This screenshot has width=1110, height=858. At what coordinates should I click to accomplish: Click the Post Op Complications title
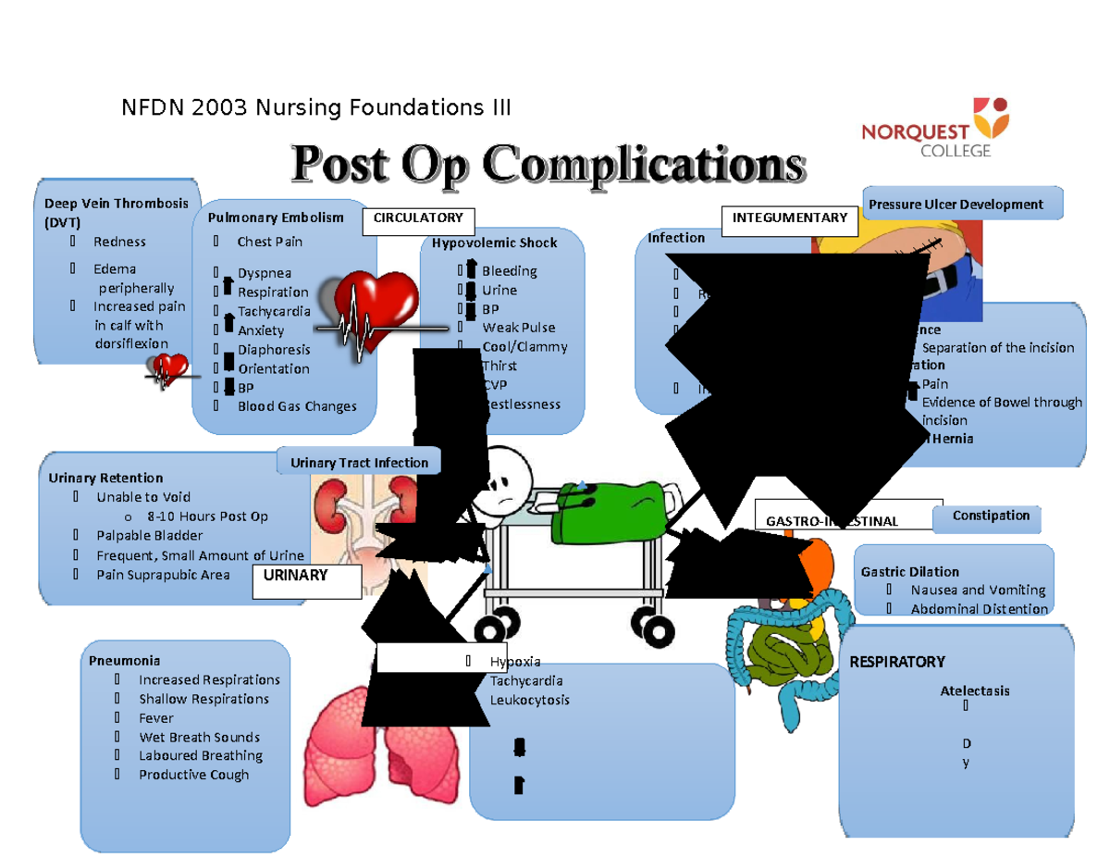click(548, 167)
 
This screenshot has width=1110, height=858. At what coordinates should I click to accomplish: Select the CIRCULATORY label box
click(418, 218)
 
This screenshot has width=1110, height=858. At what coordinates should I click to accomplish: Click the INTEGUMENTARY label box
click(789, 218)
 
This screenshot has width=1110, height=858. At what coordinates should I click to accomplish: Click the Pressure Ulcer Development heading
click(961, 205)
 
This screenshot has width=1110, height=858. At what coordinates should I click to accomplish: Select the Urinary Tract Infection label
click(359, 463)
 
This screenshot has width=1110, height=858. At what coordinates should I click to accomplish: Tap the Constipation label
click(991, 516)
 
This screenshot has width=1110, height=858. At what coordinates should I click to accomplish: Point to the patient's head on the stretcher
click(504, 477)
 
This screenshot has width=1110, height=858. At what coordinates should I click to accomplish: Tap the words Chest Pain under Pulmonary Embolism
click(270, 242)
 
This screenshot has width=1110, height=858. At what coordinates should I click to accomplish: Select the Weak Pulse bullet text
click(519, 328)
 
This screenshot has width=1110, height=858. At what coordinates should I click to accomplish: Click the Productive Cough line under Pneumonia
click(193, 775)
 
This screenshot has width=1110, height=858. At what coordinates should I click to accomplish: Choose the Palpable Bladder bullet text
click(149, 536)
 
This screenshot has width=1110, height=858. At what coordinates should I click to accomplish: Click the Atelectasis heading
click(975, 690)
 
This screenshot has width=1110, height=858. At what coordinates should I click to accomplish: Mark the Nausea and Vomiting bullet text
click(978, 590)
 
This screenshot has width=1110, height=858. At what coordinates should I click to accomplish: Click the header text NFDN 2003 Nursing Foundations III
click(316, 109)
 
